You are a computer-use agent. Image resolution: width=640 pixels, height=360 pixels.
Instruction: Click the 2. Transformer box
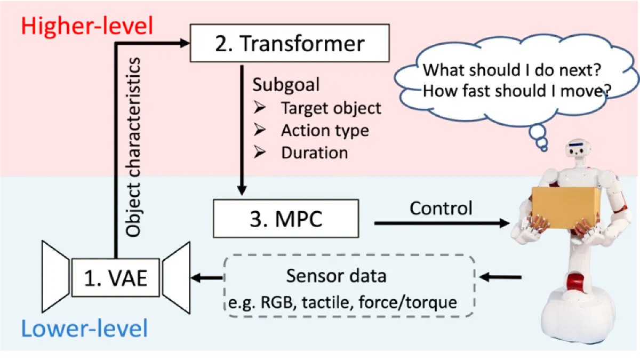[x=290, y=43]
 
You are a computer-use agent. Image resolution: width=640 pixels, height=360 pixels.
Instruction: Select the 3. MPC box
[x=286, y=219]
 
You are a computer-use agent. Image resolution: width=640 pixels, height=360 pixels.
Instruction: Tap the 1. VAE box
[x=116, y=278]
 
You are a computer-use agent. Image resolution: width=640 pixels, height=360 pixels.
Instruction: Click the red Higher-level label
[x=87, y=26]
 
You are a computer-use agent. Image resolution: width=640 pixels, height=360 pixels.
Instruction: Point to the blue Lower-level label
[x=85, y=329]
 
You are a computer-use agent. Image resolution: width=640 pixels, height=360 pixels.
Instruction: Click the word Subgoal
[x=286, y=85]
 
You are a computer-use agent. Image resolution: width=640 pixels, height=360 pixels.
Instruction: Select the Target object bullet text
[x=331, y=108]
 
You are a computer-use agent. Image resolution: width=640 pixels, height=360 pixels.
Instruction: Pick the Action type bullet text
[x=325, y=131]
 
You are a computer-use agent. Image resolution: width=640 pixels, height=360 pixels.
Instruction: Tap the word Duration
[x=315, y=153]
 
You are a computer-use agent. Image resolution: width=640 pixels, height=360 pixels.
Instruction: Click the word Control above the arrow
[x=441, y=208]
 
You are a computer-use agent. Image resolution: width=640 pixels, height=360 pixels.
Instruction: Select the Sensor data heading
[x=336, y=276]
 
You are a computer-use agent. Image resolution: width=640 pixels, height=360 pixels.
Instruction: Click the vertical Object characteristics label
[x=133, y=147]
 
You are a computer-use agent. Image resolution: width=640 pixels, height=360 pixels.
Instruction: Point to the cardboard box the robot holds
[x=566, y=207]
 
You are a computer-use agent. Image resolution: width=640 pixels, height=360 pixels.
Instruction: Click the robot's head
[x=578, y=148]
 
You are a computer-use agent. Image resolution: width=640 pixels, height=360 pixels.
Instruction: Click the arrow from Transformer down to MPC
[x=242, y=130]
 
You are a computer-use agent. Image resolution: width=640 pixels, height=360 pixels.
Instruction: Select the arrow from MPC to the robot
[x=442, y=223]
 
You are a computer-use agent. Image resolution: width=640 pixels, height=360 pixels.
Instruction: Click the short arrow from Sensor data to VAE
[x=206, y=277]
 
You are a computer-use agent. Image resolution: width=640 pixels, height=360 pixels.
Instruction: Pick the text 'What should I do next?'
[x=511, y=70]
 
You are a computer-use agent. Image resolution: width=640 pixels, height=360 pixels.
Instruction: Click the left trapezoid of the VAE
[x=55, y=277]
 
